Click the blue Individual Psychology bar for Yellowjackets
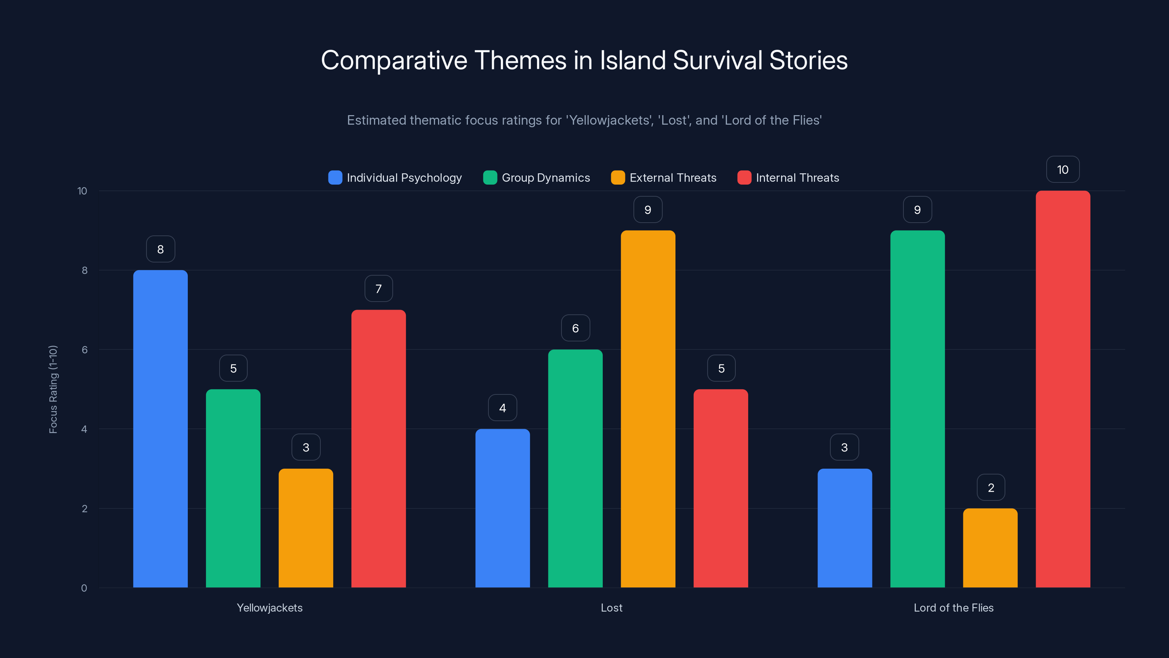(160, 429)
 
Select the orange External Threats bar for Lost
(648, 409)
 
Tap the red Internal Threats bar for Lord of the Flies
(1063, 389)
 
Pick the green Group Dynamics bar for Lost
(575, 468)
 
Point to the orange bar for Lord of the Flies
(990, 548)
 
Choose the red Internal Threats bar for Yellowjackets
(378, 449)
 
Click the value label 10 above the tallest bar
(1063, 170)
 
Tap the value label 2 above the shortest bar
(991, 488)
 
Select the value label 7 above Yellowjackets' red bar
(378, 289)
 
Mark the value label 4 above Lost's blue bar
(502, 408)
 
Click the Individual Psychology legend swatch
(335, 178)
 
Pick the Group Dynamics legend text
(545, 178)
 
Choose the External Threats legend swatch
(618, 178)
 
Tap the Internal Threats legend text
(797, 178)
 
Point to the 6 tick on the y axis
(84, 350)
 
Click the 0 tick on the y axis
(84, 588)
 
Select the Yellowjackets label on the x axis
(270, 608)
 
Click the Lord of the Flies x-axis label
(953, 608)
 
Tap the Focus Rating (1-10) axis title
(53, 389)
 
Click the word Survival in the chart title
(717, 60)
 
